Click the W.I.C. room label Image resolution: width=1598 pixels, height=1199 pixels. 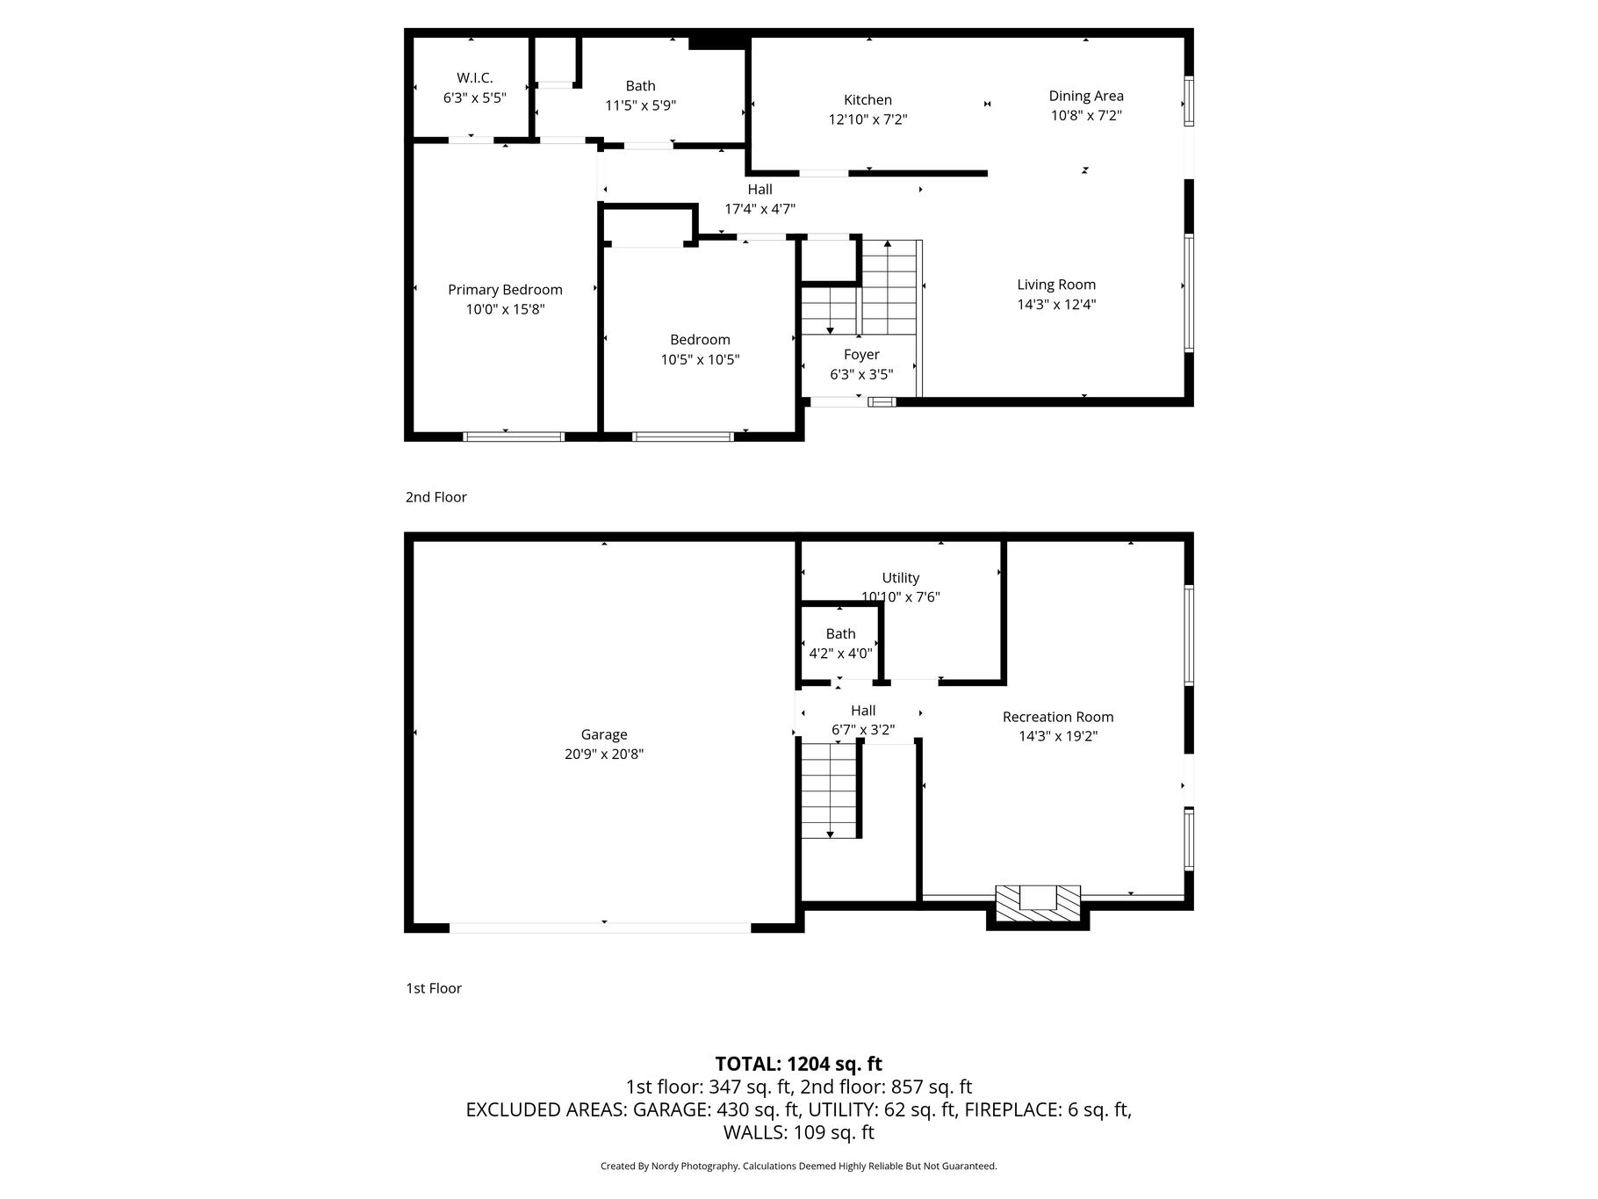tap(474, 78)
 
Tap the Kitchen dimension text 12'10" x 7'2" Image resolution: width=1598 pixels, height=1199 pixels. tap(867, 119)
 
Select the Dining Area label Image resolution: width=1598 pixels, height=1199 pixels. tap(1086, 96)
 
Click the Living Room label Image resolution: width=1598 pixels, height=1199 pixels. tap(1056, 285)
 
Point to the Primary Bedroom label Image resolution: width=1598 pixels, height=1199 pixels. tap(505, 290)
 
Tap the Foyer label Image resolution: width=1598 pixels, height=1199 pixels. tap(861, 355)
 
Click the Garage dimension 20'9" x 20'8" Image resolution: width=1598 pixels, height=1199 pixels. tap(604, 754)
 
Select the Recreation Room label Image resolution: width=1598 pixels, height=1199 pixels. tap(1058, 717)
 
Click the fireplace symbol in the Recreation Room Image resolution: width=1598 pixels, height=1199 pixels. tap(1038, 903)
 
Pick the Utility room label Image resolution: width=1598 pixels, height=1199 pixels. tap(901, 578)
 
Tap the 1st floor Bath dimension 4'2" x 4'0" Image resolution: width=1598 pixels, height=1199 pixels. tap(840, 654)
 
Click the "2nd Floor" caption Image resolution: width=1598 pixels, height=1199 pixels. tap(435, 497)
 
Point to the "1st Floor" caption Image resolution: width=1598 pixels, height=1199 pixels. tap(433, 988)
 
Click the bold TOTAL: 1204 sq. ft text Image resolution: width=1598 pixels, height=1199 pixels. tap(798, 1064)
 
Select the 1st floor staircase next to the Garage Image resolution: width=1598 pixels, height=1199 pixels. tap(829, 789)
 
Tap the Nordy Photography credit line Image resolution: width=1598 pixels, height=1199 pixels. tap(798, 1166)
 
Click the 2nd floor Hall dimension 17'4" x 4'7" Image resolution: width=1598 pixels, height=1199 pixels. tap(759, 209)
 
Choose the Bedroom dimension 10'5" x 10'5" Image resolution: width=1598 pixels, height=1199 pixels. tap(700, 359)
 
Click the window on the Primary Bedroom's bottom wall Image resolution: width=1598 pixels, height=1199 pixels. tap(514, 437)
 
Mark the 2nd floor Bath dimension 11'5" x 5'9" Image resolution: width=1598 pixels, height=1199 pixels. tap(640, 105)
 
